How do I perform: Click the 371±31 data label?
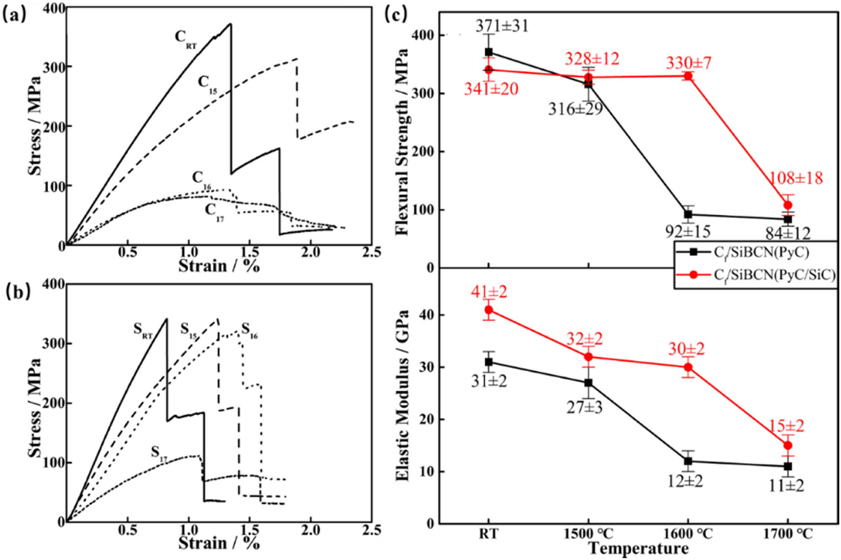(x=502, y=26)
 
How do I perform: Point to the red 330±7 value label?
(x=688, y=63)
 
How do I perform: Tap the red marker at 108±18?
(x=788, y=205)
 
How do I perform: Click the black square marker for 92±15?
(x=688, y=214)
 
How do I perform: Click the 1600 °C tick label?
(x=688, y=534)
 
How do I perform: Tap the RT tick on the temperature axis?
(x=488, y=534)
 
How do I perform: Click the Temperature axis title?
(x=638, y=549)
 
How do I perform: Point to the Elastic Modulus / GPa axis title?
(x=402, y=395)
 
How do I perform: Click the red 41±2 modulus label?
(x=489, y=292)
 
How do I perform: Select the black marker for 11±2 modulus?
(x=788, y=466)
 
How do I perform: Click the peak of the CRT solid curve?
(x=230, y=24)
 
